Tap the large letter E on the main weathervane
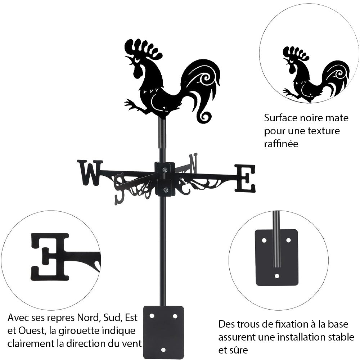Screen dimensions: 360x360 (245, 178)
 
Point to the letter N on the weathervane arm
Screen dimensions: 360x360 (193, 162)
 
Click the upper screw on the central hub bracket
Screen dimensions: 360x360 (165, 170)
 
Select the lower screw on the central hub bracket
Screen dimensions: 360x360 (165, 190)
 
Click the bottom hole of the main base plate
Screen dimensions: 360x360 (163, 350)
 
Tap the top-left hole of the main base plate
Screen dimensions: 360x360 (152, 316)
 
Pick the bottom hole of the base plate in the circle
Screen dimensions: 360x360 (276, 276)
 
